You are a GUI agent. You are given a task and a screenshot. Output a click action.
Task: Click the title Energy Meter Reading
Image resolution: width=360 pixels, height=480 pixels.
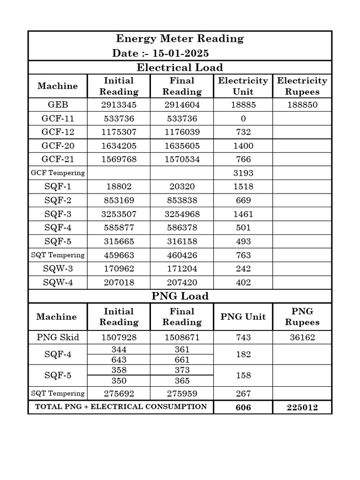(x=180, y=38)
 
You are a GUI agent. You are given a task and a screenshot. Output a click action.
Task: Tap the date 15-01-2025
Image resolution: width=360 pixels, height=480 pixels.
(x=178, y=53)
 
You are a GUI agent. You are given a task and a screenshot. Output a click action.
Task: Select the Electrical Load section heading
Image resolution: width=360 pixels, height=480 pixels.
(x=180, y=67)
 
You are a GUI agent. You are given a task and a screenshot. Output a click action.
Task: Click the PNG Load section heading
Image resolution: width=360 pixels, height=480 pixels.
(x=180, y=296)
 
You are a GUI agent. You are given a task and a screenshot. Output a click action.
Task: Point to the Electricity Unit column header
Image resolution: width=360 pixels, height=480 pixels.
(x=243, y=86)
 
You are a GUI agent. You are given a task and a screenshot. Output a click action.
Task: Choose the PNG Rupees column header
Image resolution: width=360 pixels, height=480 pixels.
(x=302, y=317)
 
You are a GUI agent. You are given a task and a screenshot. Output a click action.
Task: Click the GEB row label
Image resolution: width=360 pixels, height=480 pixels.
(x=58, y=105)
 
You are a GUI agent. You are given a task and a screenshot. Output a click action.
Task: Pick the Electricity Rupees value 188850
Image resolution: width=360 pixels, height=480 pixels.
(x=302, y=105)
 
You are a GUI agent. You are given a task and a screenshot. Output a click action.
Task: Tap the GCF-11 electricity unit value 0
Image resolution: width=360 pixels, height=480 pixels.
(x=243, y=119)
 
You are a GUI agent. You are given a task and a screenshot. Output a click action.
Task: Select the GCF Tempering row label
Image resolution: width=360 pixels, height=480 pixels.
(x=58, y=172)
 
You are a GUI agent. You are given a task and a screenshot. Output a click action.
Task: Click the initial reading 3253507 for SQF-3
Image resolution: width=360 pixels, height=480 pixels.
(x=119, y=214)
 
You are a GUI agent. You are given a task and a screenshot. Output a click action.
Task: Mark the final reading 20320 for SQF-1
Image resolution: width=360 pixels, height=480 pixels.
(x=182, y=187)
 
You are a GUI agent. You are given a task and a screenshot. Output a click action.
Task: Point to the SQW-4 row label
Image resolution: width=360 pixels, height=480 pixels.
(x=58, y=283)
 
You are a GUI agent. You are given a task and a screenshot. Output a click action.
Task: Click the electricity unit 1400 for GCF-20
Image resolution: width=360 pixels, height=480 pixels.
(x=243, y=146)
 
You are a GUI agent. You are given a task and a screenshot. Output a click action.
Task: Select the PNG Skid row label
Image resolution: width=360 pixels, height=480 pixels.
(x=58, y=337)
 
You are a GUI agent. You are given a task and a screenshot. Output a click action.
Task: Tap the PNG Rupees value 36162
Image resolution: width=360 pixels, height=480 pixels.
(x=302, y=337)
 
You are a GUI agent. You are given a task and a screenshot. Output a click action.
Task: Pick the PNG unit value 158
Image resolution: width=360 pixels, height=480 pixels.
(x=243, y=375)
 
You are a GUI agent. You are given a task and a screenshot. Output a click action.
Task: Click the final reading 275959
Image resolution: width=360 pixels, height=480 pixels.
(x=182, y=394)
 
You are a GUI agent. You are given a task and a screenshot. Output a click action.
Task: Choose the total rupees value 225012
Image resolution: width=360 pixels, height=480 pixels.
(x=302, y=407)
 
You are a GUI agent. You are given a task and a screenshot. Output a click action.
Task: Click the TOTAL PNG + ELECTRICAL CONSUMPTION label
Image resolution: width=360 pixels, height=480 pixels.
(x=121, y=407)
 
